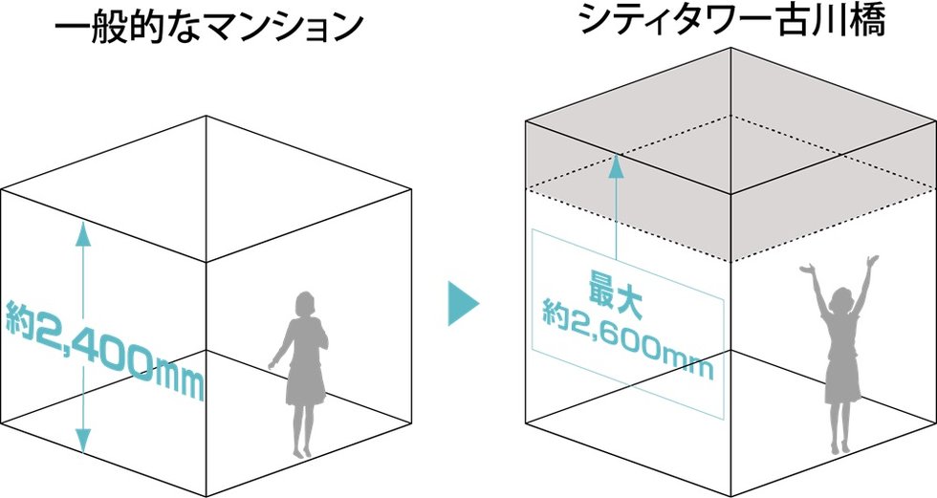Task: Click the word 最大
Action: click(611, 292)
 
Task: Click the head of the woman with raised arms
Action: click(841, 300)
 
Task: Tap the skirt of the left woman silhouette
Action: click(305, 388)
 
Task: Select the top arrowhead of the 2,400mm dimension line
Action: click(84, 228)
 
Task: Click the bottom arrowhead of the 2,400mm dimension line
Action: click(84, 444)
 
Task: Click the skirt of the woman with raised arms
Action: click(840, 380)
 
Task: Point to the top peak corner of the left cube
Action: click(207, 117)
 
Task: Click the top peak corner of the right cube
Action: click(730, 47)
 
